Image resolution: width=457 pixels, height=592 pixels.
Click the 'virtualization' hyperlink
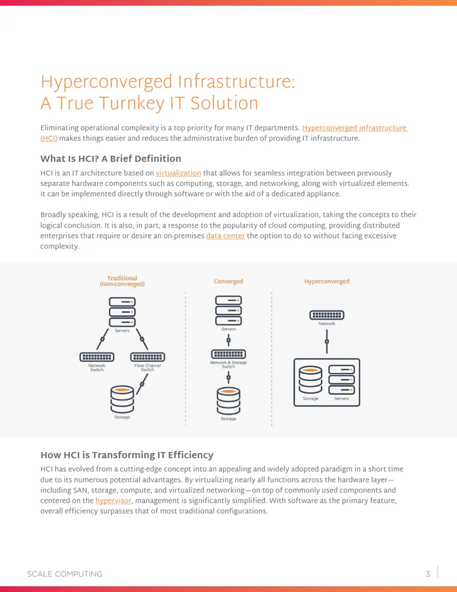pos(178,173)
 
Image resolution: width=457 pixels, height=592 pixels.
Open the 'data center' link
pos(226,236)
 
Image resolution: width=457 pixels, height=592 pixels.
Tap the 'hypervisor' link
pos(114,500)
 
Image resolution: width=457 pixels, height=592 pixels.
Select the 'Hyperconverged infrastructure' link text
pos(354,128)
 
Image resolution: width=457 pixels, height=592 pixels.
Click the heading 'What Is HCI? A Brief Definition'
pos(110,158)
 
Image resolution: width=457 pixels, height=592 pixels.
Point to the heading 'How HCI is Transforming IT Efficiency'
pos(127,455)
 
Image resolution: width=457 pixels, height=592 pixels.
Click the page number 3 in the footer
pos(428,574)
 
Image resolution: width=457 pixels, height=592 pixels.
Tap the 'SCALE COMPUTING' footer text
pos(65,574)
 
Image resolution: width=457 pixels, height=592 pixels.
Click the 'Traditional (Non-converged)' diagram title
pos(122,281)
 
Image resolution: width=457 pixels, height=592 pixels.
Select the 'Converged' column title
pos(228,281)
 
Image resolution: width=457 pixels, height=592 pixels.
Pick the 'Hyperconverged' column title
pos(327,281)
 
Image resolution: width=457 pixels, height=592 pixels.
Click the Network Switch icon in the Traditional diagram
pos(97,357)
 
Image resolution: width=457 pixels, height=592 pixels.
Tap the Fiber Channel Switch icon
pos(147,357)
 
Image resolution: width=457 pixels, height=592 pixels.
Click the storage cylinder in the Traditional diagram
pos(122,399)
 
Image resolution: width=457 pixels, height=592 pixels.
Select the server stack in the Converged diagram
pos(228,311)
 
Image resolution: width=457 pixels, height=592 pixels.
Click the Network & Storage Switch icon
pos(228,354)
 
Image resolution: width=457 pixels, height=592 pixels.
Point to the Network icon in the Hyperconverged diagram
pos(327,315)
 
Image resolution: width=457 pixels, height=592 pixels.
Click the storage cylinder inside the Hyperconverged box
pos(310,379)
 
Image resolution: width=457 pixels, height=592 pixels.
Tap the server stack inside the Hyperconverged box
pos(342,379)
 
